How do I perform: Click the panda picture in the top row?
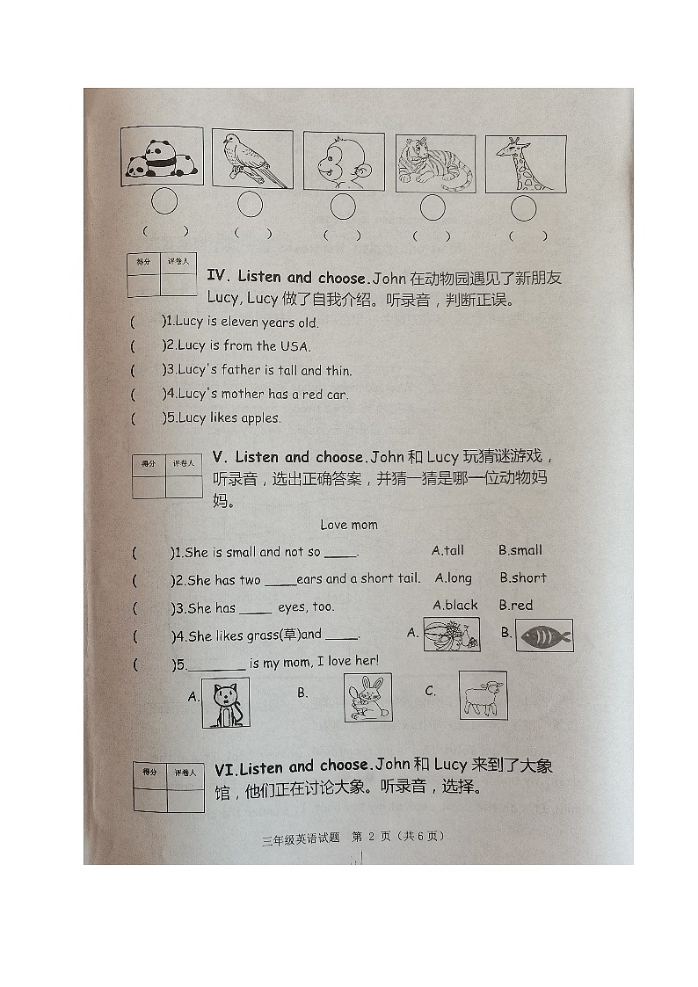point(162,157)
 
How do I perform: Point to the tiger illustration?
point(435,164)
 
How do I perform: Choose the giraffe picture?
point(525,164)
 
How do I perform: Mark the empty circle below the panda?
point(164,202)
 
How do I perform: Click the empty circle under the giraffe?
point(524,209)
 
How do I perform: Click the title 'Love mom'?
point(349,525)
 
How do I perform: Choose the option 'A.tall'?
point(447,550)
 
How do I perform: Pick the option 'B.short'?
point(523,577)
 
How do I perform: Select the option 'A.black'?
point(455,605)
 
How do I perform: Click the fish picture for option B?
point(544,635)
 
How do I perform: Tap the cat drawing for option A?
point(226,702)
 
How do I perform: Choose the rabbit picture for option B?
point(367,698)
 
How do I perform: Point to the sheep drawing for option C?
point(483,694)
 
